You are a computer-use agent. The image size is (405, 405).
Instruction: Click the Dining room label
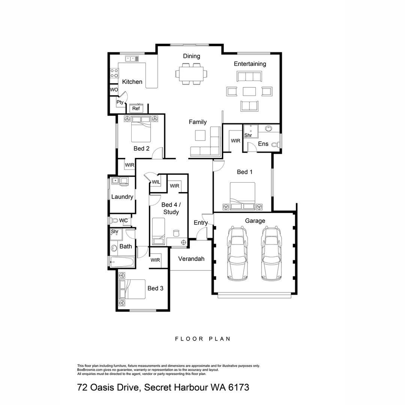191,56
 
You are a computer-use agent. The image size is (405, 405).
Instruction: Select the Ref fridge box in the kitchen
136,109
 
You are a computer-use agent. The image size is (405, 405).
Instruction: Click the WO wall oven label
114,90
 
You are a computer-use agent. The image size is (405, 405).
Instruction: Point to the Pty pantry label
120,102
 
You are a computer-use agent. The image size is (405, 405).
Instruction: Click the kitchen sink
132,58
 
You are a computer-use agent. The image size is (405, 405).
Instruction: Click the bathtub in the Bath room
122,261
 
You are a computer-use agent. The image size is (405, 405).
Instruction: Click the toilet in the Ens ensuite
276,144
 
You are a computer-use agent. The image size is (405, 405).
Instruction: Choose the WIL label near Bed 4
155,182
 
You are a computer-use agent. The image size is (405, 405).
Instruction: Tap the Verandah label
191,259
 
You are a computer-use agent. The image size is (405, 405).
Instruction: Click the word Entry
201,223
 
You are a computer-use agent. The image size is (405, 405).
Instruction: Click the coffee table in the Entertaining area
249,91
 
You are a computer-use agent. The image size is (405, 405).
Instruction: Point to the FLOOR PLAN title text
202,339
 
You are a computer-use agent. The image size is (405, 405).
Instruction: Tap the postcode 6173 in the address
237,387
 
